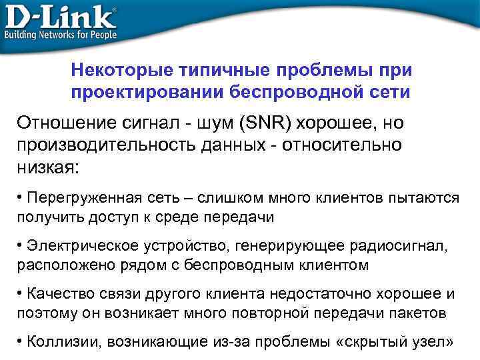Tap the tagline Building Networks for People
[61, 34]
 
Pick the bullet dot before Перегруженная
[21, 199]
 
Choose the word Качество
[55, 293]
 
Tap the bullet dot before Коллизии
[21, 341]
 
